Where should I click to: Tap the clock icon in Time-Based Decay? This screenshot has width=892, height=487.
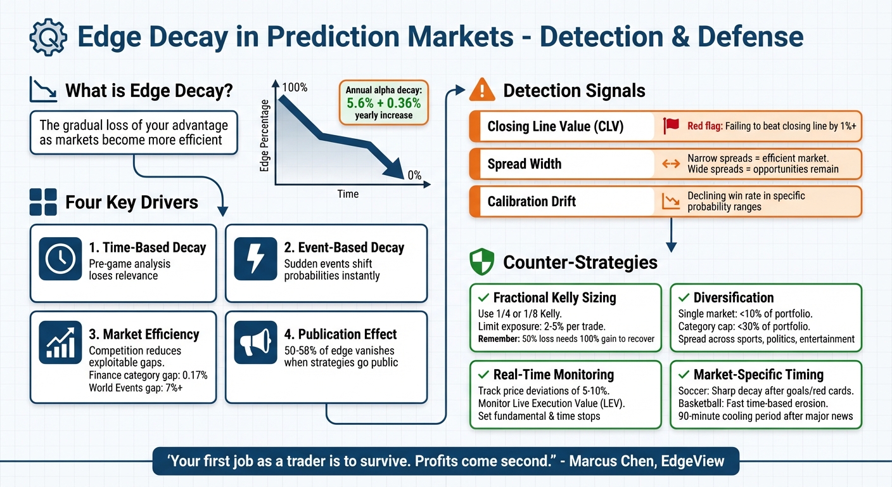[x=60, y=259]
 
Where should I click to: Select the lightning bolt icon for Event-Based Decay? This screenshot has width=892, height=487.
[x=255, y=259]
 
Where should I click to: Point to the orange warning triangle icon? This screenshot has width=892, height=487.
[x=481, y=90]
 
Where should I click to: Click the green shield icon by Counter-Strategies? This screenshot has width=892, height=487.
[x=481, y=262]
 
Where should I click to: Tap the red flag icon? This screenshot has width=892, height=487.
[x=671, y=126]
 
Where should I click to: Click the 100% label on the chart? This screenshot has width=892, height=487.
[x=295, y=88]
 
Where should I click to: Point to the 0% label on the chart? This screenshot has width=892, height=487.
[x=414, y=176]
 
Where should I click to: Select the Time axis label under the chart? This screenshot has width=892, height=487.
[x=348, y=194]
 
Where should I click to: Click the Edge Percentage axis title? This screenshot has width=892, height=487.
[x=265, y=136]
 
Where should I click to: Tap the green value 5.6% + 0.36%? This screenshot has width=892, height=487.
[x=384, y=103]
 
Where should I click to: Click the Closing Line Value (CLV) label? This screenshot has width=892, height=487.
[x=555, y=127]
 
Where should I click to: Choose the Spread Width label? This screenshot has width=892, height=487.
[x=524, y=164]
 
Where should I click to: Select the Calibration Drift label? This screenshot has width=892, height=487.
[x=532, y=202]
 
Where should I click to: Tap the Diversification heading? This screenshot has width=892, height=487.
[x=733, y=297]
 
